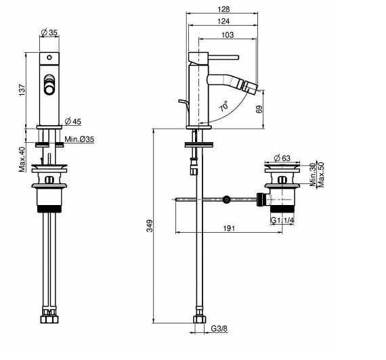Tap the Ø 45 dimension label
73,121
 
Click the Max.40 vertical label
22,159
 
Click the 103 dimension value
228,35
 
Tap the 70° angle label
223,107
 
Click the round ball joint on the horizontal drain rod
227,200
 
